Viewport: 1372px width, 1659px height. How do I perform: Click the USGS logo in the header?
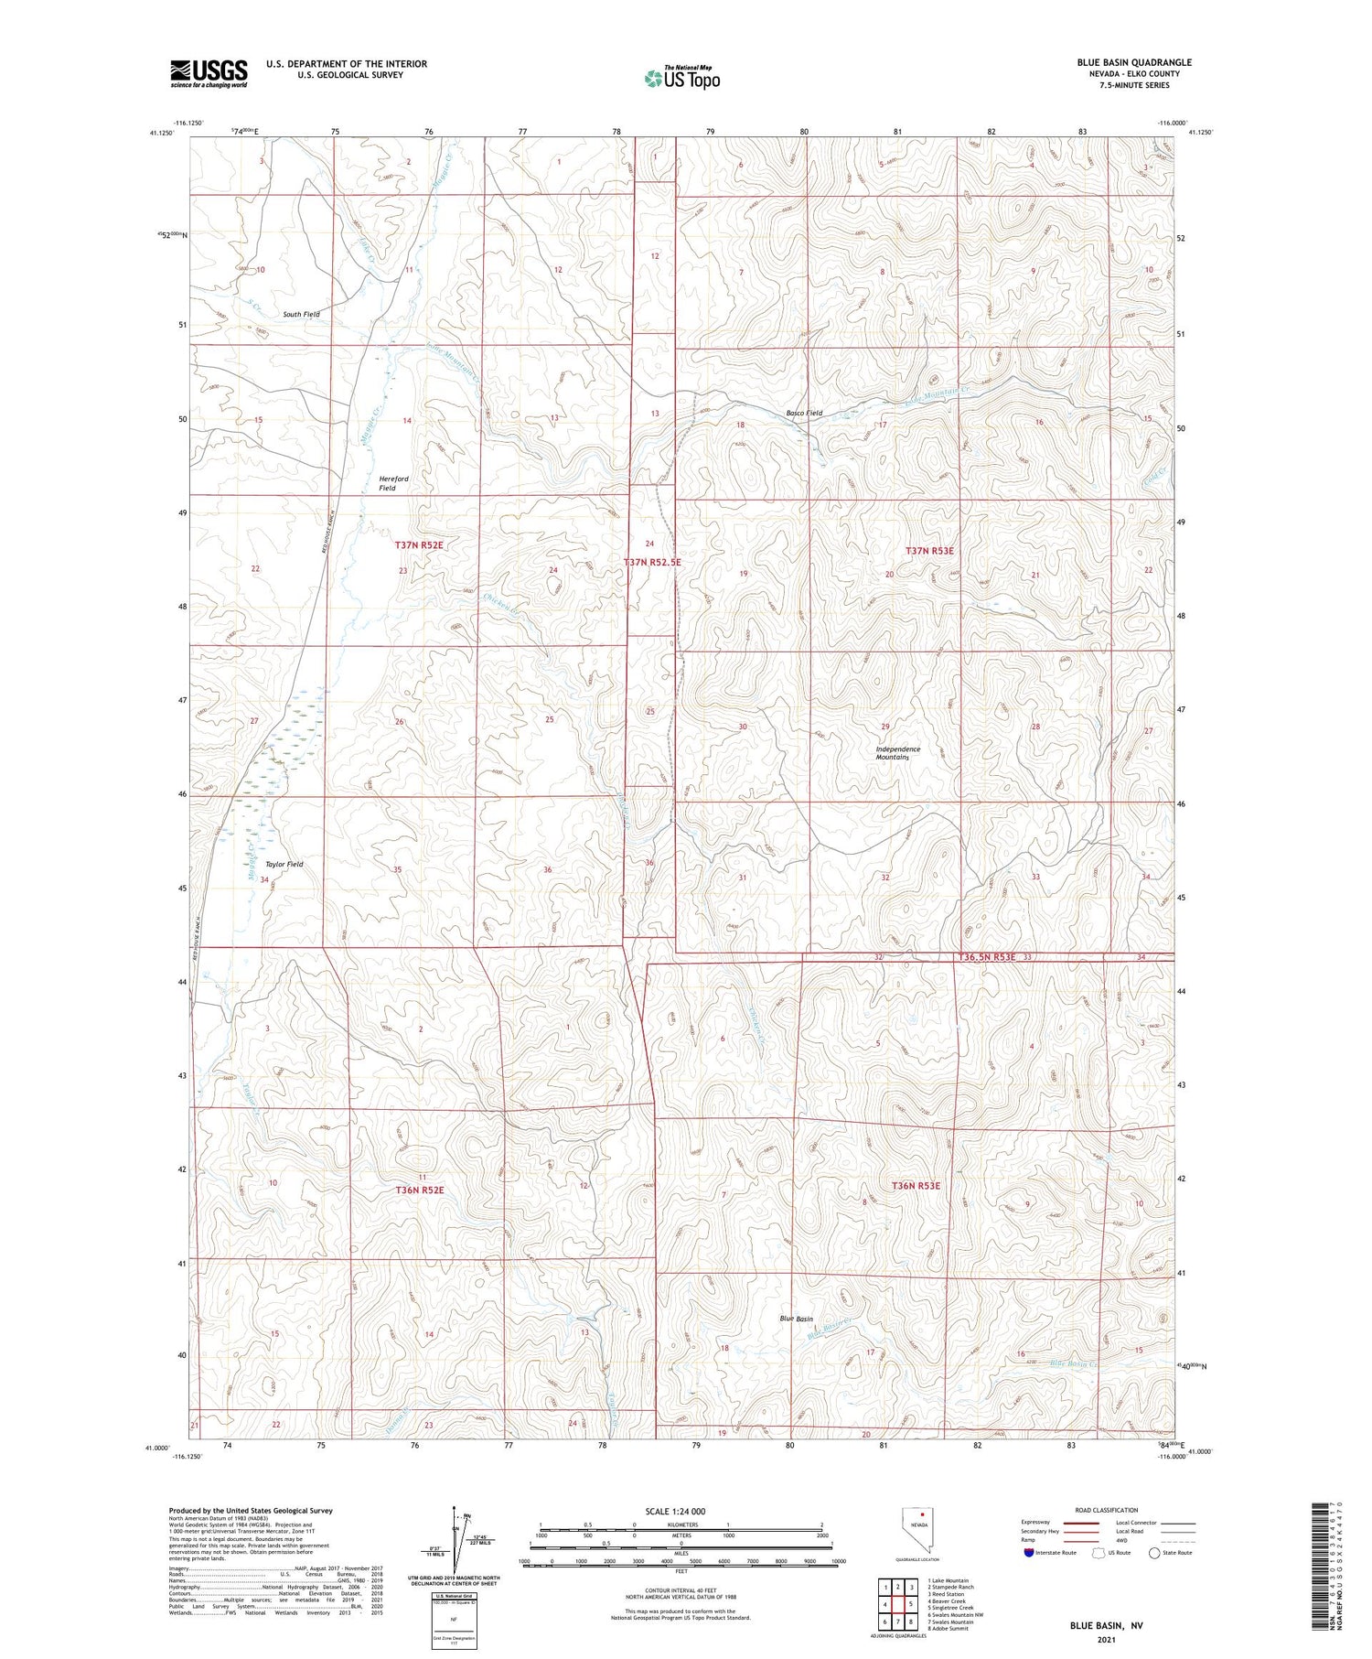(x=209, y=73)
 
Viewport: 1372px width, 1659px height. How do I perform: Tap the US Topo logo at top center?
(x=682, y=79)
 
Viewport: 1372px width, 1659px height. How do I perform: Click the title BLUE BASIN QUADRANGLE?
(x=1133, y=63)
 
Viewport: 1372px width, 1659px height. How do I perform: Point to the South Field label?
(x=301, y=315)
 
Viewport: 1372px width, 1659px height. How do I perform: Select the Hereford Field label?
(x=393, y=483)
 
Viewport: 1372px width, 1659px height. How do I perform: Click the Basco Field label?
(x=804, y=413)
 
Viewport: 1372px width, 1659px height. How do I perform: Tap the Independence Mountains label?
(x=897, y=753)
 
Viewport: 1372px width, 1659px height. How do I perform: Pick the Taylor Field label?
(x=284, y=864)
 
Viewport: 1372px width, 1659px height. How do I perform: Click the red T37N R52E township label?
(x=419, y=545)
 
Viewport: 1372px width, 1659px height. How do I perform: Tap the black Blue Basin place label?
(x=796, y=1319)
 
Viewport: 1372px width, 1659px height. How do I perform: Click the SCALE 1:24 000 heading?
(x=675, y=1511)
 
